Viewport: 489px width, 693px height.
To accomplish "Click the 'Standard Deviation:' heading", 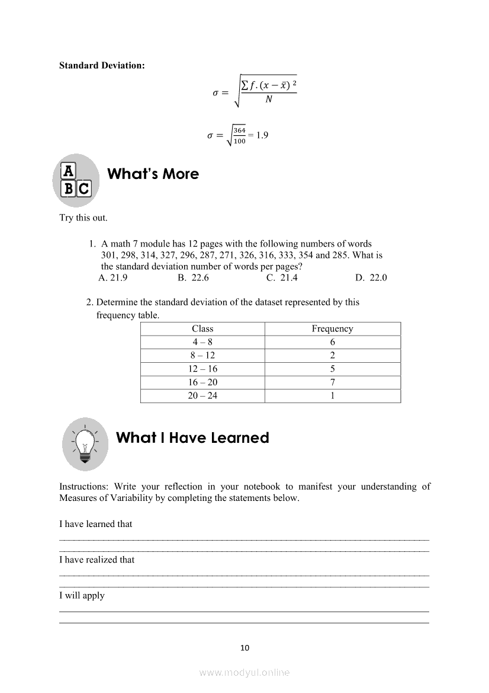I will coord(102,65).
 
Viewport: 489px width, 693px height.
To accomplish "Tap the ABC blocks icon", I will coord(76,180).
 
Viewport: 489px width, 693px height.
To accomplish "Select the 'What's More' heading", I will coord(153,174).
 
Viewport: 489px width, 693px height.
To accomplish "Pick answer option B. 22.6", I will coord(193,277).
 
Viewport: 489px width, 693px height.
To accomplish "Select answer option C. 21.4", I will coord(282,277).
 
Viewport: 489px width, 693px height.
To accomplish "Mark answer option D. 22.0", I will coord(371,277).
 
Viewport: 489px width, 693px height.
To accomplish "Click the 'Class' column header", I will coord(202,329).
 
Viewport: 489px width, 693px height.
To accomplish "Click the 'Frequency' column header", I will coord(332,329).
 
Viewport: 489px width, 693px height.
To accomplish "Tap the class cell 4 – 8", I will coord(202,342).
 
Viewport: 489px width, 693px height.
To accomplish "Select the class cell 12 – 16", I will coord(202,369).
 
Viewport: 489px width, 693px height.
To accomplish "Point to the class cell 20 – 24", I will coord(202,395).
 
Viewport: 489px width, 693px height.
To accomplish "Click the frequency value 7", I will coord(332,382).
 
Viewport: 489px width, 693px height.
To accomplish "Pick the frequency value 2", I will coord(332,356).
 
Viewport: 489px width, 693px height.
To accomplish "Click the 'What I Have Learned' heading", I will coord(192,438).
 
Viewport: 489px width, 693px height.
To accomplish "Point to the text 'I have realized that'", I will coord(97,560).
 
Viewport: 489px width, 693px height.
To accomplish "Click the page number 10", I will coord(245,648).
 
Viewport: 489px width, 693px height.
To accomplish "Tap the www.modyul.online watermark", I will coord(244,673).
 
